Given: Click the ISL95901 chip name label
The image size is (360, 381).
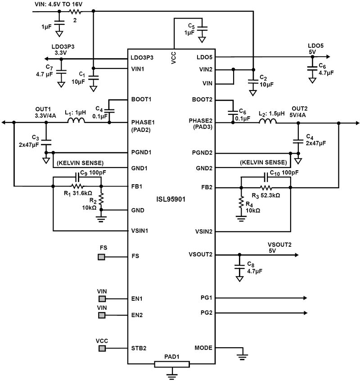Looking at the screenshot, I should point(173,198).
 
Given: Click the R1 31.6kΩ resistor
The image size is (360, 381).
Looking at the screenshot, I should point(77,186).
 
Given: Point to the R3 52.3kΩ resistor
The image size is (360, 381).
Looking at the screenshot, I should point(266,186).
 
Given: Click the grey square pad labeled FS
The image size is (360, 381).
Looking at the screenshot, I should point(102,257).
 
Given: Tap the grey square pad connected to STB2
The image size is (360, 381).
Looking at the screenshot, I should point(102,349).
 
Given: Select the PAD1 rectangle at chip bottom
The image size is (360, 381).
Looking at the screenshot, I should point(172,364).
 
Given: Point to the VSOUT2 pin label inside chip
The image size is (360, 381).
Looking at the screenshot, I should point(201,254).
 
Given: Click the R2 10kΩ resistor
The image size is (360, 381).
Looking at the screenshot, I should point(102,199).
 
